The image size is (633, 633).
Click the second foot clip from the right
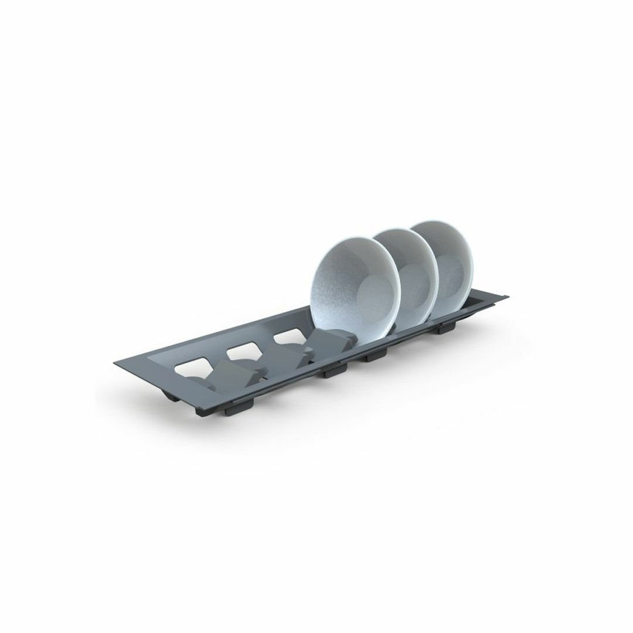(x=376, y=354)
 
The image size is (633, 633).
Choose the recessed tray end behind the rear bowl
(x=486, y=302)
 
